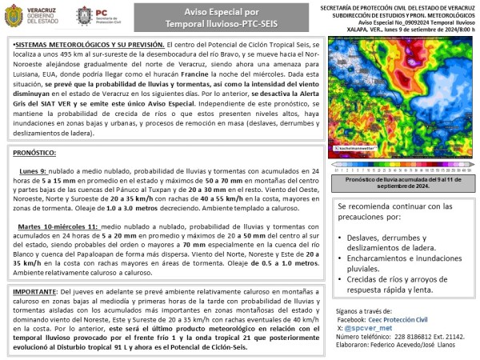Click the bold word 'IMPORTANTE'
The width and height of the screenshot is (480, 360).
pos(37,293)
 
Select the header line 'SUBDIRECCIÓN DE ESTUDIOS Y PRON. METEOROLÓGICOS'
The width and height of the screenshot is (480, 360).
pos(399,13)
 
